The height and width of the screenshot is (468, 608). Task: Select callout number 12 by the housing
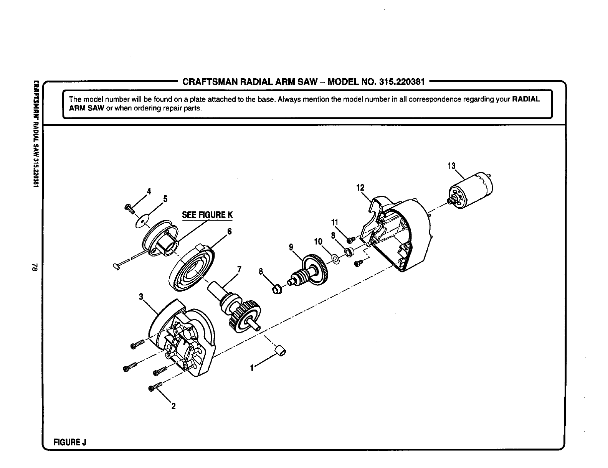(x=360, y=188)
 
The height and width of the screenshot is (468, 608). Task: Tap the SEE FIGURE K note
(x=207, y=215)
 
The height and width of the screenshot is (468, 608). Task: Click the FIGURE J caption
(x=70, y=442)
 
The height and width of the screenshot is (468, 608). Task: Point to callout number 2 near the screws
(x=173, y=407)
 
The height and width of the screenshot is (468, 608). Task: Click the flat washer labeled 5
(x=142, y=222)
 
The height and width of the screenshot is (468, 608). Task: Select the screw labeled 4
(x=129, y=209)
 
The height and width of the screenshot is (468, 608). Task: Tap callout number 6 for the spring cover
(x=230, y=231)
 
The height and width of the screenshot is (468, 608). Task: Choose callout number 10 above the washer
(x=318, y=242)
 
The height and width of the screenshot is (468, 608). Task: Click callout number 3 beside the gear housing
(x=141, y=297)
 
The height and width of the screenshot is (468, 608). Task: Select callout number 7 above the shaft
(x=240, y=270)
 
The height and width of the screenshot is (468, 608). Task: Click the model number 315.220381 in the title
(x=401, y=82)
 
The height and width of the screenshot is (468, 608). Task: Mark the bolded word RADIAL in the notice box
(x=526, y=99)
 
